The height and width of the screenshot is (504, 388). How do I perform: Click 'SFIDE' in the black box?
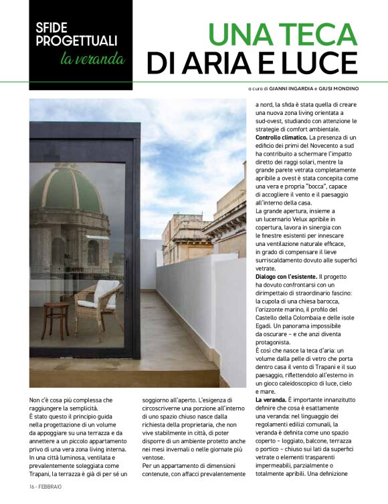[x=53, y=30]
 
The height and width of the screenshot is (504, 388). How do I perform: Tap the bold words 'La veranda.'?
[x=272, y=399]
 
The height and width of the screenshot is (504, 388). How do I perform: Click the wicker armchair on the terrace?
[x=93, y=304]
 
